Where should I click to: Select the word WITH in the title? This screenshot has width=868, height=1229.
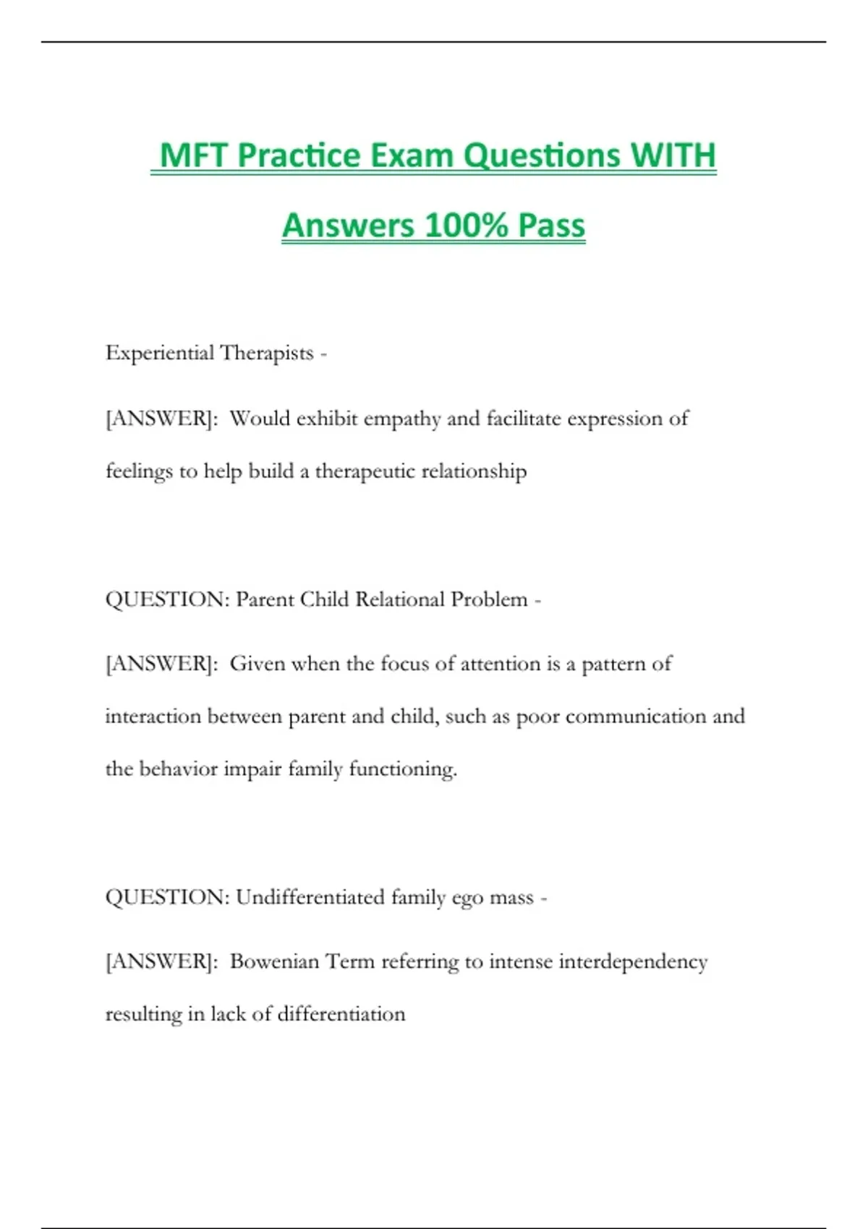(673, 155)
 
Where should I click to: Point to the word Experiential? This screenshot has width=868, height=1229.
(160, 354)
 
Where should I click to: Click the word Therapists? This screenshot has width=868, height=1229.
(267, 354)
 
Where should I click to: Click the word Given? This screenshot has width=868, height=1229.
(258, 664)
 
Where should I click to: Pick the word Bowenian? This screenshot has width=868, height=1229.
(274, 962)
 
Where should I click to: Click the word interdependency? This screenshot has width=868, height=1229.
(633, 962)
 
